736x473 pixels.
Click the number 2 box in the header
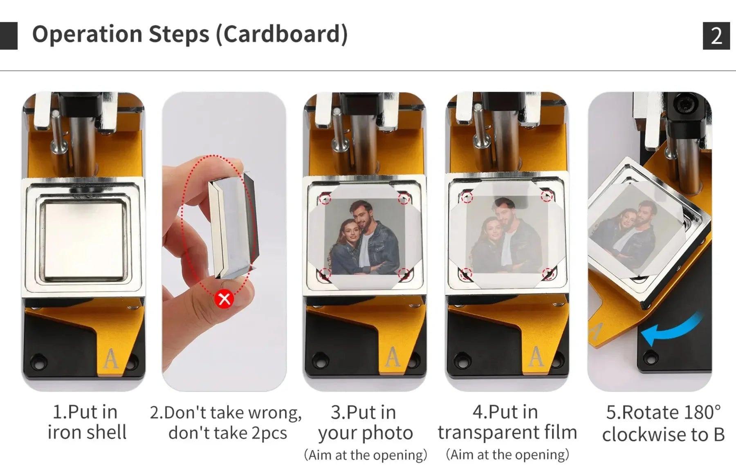716,36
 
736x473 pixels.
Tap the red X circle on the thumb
224,299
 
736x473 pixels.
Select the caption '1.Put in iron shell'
86,422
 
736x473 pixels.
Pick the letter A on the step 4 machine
536,356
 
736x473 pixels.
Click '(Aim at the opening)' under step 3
365,455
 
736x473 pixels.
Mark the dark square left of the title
9,36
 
